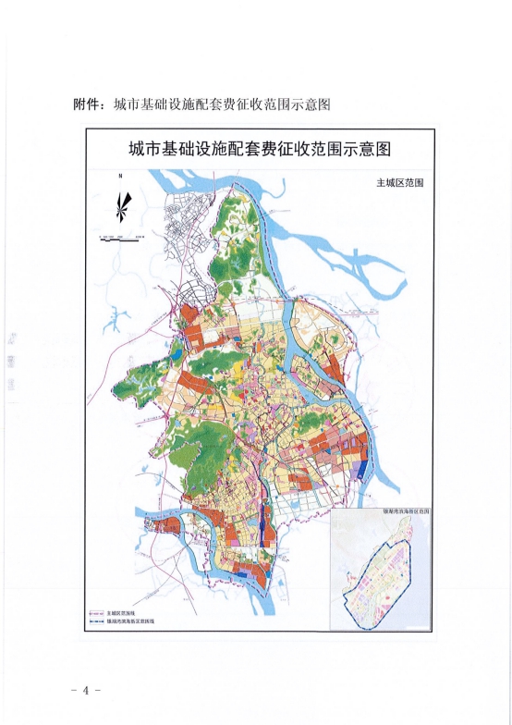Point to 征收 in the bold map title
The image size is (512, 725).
(x=311, y=149)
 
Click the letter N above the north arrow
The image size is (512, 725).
(x=119, y=176)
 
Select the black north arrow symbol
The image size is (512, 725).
(x=121, y=205)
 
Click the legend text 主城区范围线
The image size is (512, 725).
(x=120, y=613)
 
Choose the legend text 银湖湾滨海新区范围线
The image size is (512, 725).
(x=130, y=622)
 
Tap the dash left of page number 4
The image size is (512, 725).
(x=73, y=691)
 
